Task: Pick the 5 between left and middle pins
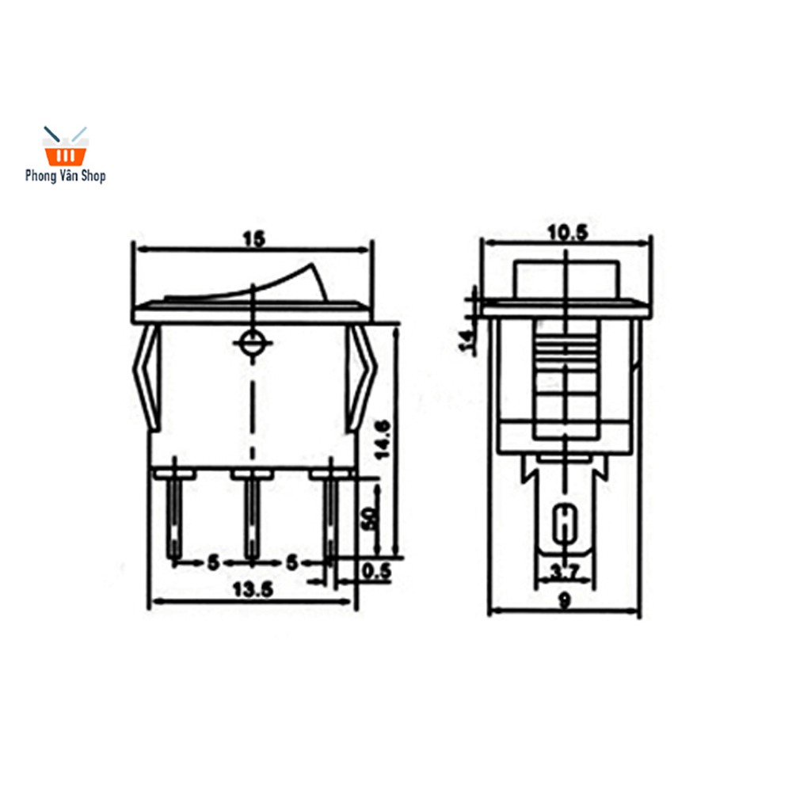[x=212, y=563]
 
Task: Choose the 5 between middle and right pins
[x=291, y=563]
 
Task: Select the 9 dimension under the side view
[x=564, y=601]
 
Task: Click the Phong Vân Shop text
[x=66, y=176]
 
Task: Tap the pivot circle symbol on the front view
[x=253, y=343]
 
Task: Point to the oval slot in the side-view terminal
[x=565, y=524]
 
